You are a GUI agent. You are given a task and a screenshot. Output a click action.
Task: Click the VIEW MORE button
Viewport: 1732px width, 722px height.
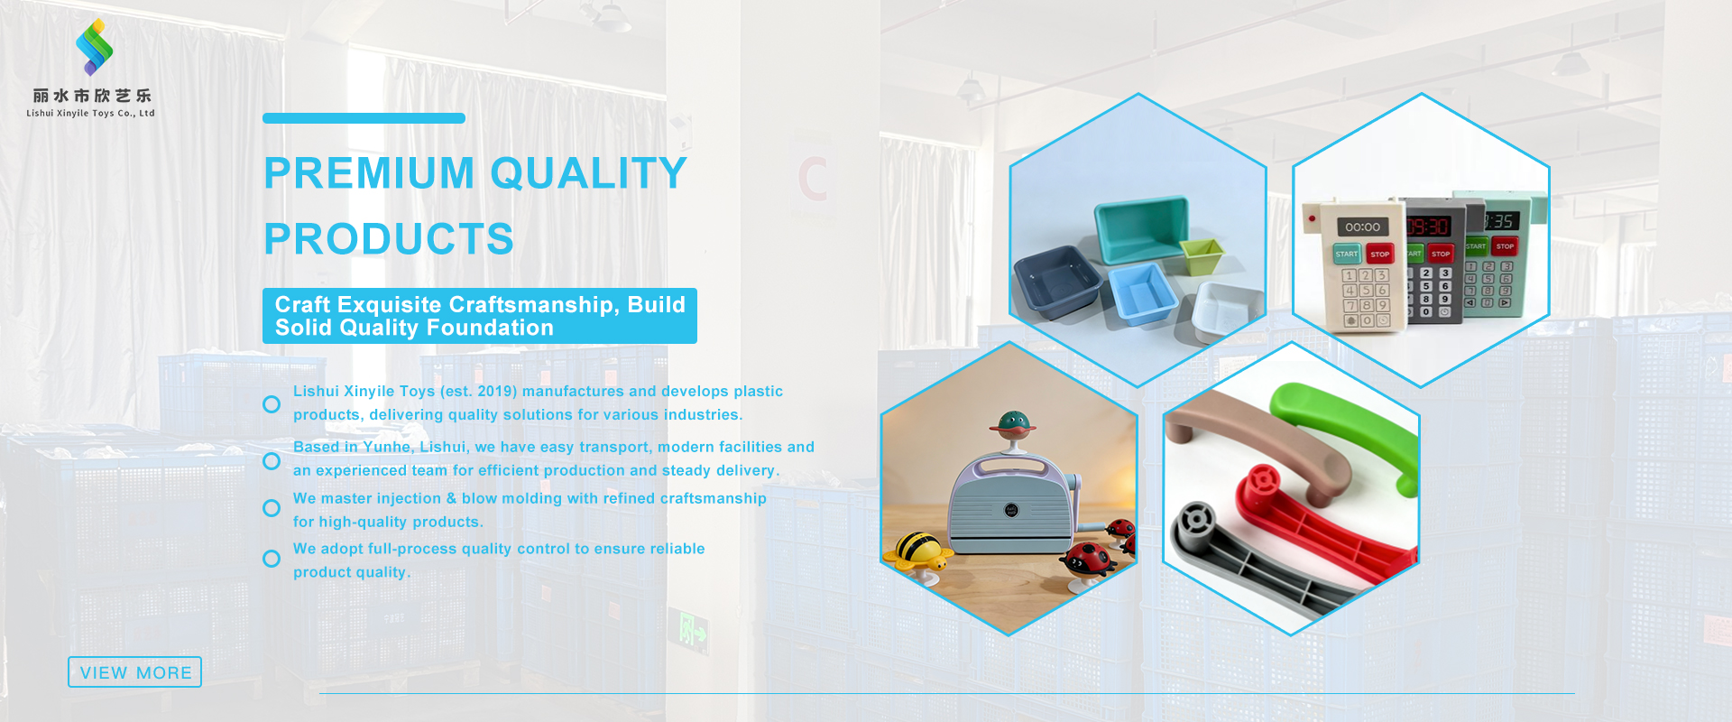click(x=135, y=672)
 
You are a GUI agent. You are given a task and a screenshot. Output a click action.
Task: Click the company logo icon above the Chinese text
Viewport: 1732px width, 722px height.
click(x=94, y=47)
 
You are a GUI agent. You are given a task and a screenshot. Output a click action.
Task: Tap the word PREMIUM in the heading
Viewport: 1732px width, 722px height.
click(x=368, y=173)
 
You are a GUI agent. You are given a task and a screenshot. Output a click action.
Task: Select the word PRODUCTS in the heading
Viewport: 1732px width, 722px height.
click(x=389, y=239)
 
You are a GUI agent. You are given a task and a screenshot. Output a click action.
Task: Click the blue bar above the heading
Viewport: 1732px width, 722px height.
click(x=364, y=118)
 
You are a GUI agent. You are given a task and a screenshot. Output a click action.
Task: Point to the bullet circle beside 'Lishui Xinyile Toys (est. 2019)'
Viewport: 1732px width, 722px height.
click(x=272, y=404)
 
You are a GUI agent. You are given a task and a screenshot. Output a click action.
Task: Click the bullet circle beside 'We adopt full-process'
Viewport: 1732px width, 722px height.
click(x=272, y=559)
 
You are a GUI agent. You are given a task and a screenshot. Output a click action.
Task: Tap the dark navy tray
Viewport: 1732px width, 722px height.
click(x=1057, y=281)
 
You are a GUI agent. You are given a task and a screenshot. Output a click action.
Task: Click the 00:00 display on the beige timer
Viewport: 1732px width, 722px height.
click(x=1362, y=227)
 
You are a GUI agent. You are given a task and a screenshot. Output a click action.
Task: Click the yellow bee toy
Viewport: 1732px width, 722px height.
click(x=917, y=549)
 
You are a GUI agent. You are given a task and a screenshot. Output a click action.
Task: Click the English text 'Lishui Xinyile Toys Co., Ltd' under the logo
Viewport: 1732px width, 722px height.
click(x=90, y=114)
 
